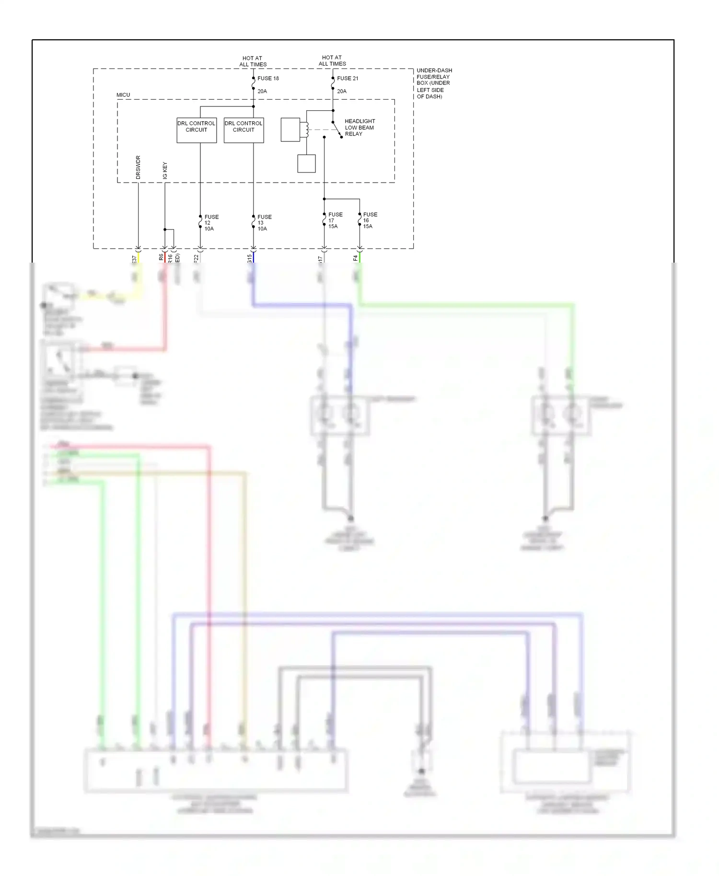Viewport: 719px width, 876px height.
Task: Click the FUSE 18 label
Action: (268, 78)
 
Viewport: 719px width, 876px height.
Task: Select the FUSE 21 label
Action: (348, 78)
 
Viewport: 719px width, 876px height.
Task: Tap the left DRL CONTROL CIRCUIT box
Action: (197, 130)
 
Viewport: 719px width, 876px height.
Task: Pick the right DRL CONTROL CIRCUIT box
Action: (244, 130)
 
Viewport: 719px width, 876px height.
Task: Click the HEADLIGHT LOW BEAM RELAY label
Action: (359, 127)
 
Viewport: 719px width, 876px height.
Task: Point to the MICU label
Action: (123, 95)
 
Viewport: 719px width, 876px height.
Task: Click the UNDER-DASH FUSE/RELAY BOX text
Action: (433, 83)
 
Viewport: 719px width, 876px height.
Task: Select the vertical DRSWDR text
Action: (138, 167)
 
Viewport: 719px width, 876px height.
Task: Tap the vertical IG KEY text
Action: (165, 171)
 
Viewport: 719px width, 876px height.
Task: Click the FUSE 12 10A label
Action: (211, 223)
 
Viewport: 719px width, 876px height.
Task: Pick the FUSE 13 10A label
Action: (264, 223)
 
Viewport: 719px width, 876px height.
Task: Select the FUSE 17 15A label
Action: (335, 220)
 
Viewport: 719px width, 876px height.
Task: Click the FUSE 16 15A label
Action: (370, 220)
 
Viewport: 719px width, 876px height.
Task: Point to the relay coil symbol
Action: (304, 130)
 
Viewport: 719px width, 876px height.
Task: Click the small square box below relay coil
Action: (306, 163)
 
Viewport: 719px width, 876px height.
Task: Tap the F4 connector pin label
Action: (355, 258)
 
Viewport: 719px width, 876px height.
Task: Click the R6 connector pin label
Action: (161, 257)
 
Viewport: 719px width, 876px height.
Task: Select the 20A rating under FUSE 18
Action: (262, 91)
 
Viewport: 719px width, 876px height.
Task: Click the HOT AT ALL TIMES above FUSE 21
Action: (332, 60)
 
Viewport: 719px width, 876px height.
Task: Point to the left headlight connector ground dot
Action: (351, 519)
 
